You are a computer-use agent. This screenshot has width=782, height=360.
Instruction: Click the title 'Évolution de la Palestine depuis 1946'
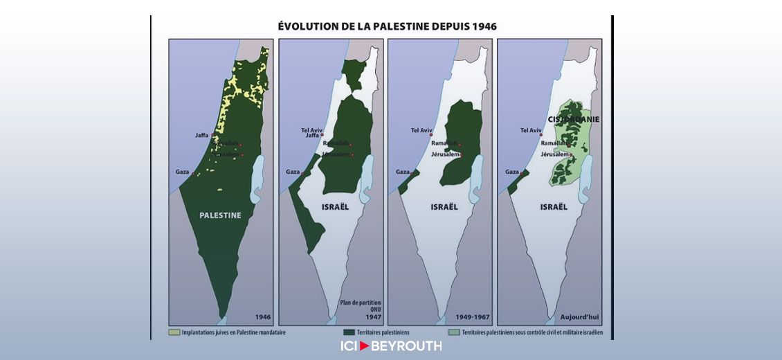pyautogui.click(x=387, y=26)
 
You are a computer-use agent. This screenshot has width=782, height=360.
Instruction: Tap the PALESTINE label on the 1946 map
pyautogui.click(x=220, y=215)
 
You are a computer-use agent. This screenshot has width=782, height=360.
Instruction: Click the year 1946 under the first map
pyautogui.click(x=262, y=318)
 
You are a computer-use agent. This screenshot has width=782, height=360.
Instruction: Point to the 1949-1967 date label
pyautogui.click(x=473, y=318)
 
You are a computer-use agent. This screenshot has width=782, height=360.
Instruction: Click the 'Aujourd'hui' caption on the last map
pyautogui.click(x=580, y=318)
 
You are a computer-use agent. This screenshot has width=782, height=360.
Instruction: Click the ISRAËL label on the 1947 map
pyautogui.click(x=335, y=207)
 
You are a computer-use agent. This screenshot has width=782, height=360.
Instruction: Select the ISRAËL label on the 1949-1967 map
pyautogui.click(x=444, y=207)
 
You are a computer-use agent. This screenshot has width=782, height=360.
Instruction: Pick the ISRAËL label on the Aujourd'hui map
pyautogui.click(x=554, y=207)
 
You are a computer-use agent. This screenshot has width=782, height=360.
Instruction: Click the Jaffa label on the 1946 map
pyautogui.click(x=201, y=136)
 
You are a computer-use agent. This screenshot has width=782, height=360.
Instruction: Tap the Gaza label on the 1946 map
pyautogui.click(x=182, y=172)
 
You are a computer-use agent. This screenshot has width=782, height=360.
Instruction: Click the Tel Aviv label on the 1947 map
pyautogui.click(x=312, y=129)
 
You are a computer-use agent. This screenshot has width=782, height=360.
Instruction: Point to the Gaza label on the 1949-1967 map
pyautogui.click(x=402, y=172)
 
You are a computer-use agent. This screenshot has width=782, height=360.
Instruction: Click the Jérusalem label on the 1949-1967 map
pyautogui.click(x=445, y=154)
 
